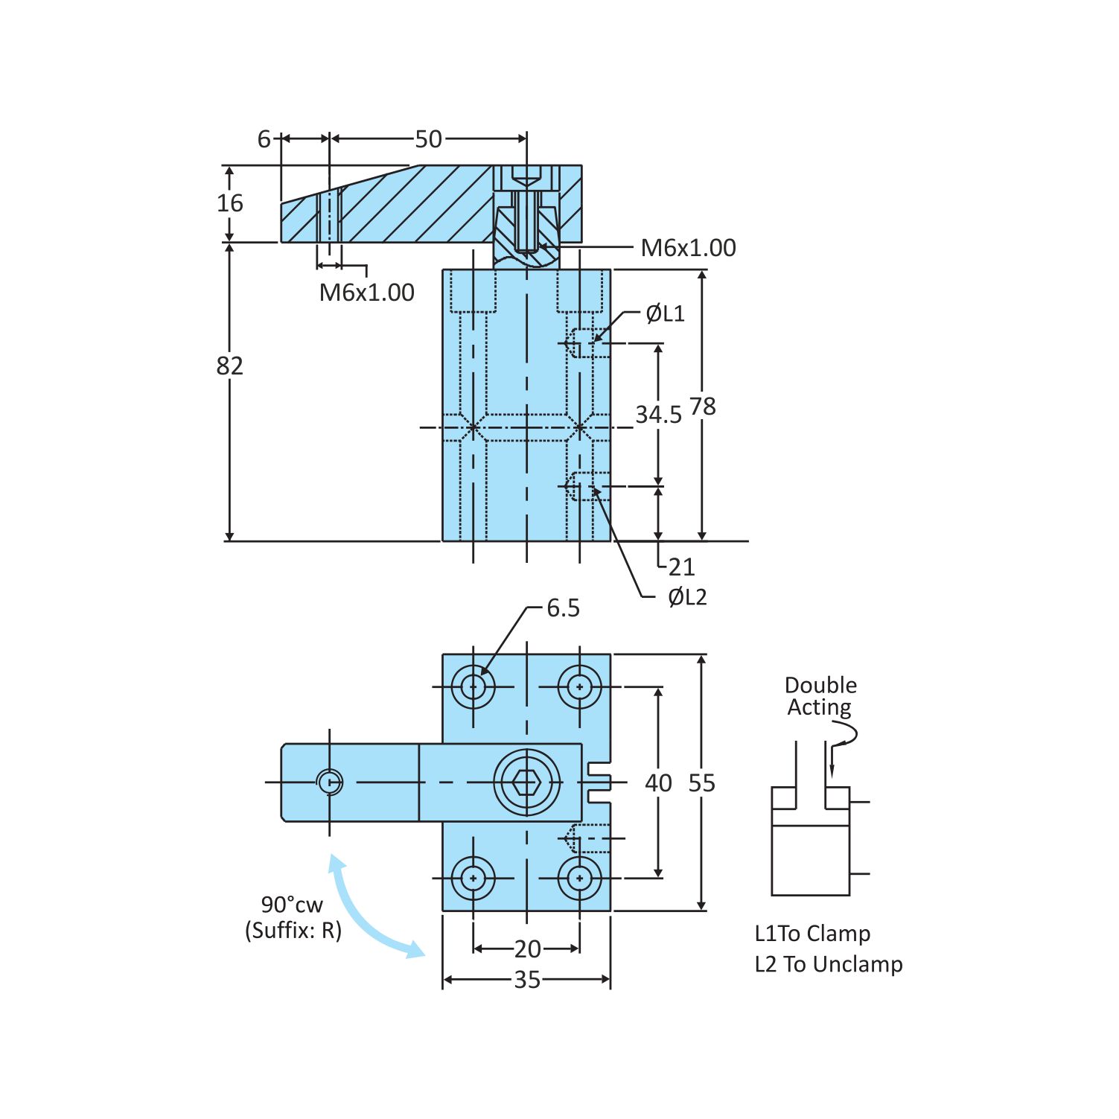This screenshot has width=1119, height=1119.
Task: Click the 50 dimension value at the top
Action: pos(428,139)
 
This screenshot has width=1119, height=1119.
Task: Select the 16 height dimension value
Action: pos(229,203)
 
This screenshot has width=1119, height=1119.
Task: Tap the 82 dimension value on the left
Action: pos(229,366)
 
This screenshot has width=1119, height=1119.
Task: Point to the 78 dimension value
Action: pos(702,407)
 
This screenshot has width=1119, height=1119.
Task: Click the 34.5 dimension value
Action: pos(658,415)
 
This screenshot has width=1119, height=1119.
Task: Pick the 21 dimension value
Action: pos(680,567)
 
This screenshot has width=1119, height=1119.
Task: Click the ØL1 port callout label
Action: pos(665,313)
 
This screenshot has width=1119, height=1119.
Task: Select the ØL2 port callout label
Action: pos(686,597)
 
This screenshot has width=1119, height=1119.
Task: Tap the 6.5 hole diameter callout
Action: pos(563,608)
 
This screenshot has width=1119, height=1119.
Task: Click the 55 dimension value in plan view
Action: pos(701,783)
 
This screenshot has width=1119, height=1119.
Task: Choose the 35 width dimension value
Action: pos(527,980)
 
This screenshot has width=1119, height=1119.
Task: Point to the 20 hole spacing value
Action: pos(527,949)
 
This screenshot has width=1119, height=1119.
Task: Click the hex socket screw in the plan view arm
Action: pos(526,782)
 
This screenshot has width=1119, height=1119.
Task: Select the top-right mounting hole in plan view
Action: pos(579,686)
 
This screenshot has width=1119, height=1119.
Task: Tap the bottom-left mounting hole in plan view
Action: pos(474,879)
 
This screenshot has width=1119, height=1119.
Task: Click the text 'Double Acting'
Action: pos(820,696)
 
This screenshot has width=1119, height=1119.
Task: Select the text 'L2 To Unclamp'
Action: pos(828,964)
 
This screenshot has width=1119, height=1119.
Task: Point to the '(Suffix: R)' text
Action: pos(293,931)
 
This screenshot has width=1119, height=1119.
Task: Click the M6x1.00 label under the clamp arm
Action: pos(366,293)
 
